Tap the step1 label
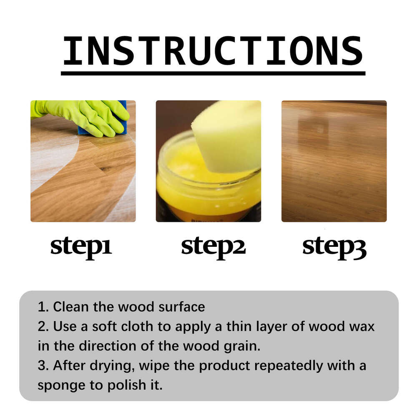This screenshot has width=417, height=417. point(81,247)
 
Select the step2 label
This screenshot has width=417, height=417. point(213,247)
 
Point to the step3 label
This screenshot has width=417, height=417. point(334,247)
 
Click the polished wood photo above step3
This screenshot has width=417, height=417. point(334,161)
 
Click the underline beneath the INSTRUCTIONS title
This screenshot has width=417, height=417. point(213,73)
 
